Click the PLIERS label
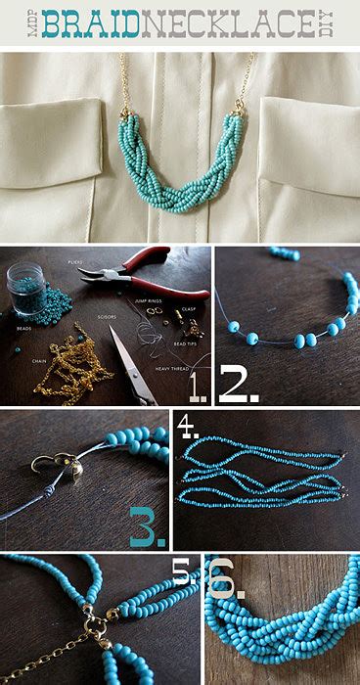(75, 262)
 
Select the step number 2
(238, 385)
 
